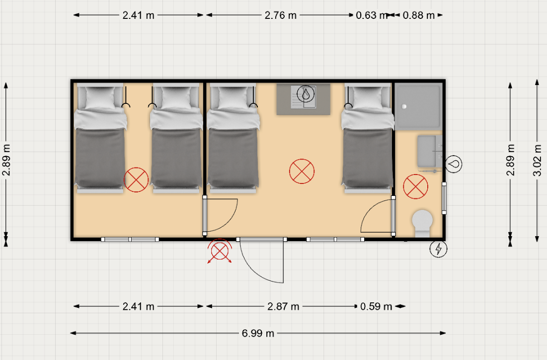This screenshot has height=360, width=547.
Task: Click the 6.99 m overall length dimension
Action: (258, 333)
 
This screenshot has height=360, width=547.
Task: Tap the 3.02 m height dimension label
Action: (537, 160)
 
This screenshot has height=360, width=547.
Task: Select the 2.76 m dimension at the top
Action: (281, 15)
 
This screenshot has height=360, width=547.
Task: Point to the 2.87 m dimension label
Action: (283, 307)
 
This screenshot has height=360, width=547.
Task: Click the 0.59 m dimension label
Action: (376, 307)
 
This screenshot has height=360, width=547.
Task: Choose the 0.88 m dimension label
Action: (419, 15)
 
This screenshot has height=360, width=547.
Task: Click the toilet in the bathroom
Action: (422, 223)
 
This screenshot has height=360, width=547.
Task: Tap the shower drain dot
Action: (404, 106)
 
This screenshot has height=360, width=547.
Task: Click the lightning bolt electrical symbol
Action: (438, 249)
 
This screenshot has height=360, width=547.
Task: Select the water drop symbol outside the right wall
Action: (454, 164)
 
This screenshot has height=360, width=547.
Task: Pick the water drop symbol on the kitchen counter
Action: (306, 93)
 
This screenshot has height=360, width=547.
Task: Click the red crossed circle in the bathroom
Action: (415, 186)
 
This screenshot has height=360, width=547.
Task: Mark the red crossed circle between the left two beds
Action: (136, 180)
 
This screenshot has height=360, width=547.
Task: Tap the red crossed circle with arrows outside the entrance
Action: (220, 251)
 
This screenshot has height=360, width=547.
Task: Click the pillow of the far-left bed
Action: (100, 97)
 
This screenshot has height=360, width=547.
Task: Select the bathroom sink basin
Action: (427, 152)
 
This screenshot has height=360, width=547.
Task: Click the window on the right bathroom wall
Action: (444, 197)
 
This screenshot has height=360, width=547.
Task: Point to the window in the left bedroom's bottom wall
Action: (130, 240)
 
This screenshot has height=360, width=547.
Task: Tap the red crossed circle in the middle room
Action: (302, 171)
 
